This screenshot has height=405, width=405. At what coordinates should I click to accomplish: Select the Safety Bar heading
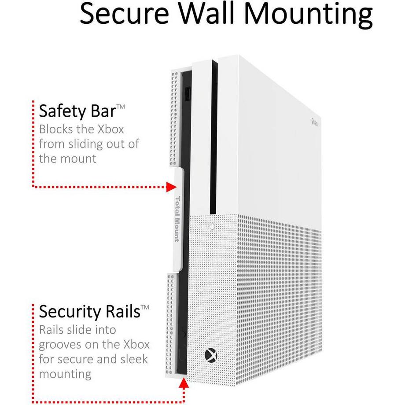[x=77, y=111]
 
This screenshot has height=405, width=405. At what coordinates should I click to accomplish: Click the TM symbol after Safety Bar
[x=121, y=107]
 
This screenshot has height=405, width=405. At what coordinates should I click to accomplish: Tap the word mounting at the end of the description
[x=65, y=375]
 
